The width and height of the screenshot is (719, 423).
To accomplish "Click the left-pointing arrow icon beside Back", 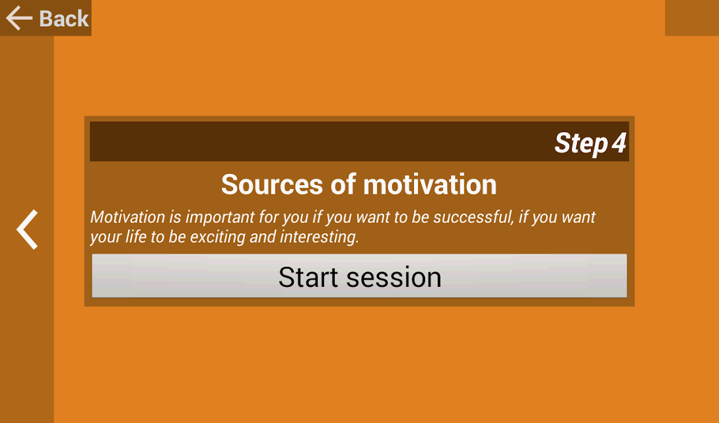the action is (19, 19).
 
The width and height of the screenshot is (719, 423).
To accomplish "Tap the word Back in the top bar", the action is (64, 19).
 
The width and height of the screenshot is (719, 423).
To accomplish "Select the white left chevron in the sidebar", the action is (27, 229).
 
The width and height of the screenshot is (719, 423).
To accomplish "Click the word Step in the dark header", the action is (581, 143).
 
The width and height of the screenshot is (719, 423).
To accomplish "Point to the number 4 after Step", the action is (619, 143).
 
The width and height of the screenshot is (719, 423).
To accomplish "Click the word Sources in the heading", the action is (273, 184).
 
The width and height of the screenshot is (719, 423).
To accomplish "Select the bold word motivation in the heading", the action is (430, 184).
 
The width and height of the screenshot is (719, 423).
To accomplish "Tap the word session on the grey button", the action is (394, 278).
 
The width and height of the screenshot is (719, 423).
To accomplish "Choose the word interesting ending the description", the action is (319, 237).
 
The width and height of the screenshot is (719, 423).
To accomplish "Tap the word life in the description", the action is (136, 237).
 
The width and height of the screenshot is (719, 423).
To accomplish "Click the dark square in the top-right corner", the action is (692, 18).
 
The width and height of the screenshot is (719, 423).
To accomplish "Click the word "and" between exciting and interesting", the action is (263, 237).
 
